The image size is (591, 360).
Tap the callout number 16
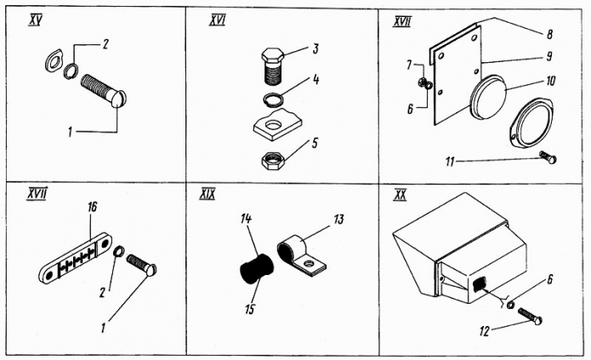click(91, 207)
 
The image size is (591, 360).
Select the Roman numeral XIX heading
click(206, 194)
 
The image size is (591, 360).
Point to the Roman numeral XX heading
click(400, 195)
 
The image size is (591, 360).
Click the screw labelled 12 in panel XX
click(526, 318)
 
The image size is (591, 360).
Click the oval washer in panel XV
click(52, 63)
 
